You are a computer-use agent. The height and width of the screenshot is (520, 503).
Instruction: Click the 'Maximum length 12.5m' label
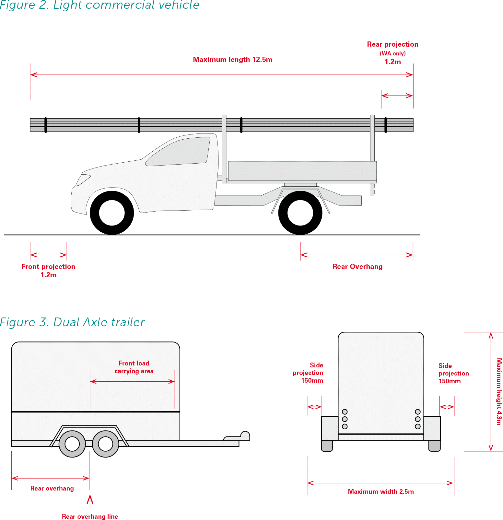[232, 60]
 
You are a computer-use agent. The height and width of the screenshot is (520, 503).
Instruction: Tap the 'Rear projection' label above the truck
[392, 44]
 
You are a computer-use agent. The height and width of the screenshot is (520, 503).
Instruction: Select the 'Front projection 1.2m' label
[48, 271]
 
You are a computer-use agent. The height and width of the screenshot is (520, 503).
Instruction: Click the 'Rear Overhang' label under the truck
[357, 267]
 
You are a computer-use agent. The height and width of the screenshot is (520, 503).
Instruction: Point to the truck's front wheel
[112, 213]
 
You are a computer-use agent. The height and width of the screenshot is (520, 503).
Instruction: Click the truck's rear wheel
[300, 213]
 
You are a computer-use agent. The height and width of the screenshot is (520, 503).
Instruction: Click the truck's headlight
[83, 179]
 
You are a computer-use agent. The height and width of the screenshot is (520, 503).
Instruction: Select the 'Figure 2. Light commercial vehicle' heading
[99, 5]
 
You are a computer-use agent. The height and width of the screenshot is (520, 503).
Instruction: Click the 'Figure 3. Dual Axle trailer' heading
[72, 322]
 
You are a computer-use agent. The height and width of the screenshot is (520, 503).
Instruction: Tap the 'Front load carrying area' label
[134, 367]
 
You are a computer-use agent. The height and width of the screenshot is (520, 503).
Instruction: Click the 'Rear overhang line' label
[90, 516]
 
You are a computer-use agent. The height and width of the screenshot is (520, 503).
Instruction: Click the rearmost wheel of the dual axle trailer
[72, 444]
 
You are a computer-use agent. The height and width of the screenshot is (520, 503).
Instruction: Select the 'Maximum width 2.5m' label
[380, 491]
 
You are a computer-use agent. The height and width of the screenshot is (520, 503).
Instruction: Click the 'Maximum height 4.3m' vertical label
[499, 391]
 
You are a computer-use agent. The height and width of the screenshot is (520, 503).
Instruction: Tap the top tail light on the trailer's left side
[345, 412]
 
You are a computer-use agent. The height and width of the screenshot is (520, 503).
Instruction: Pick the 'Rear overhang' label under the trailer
[52, 488]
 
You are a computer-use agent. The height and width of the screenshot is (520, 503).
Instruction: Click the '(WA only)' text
[392, 53]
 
